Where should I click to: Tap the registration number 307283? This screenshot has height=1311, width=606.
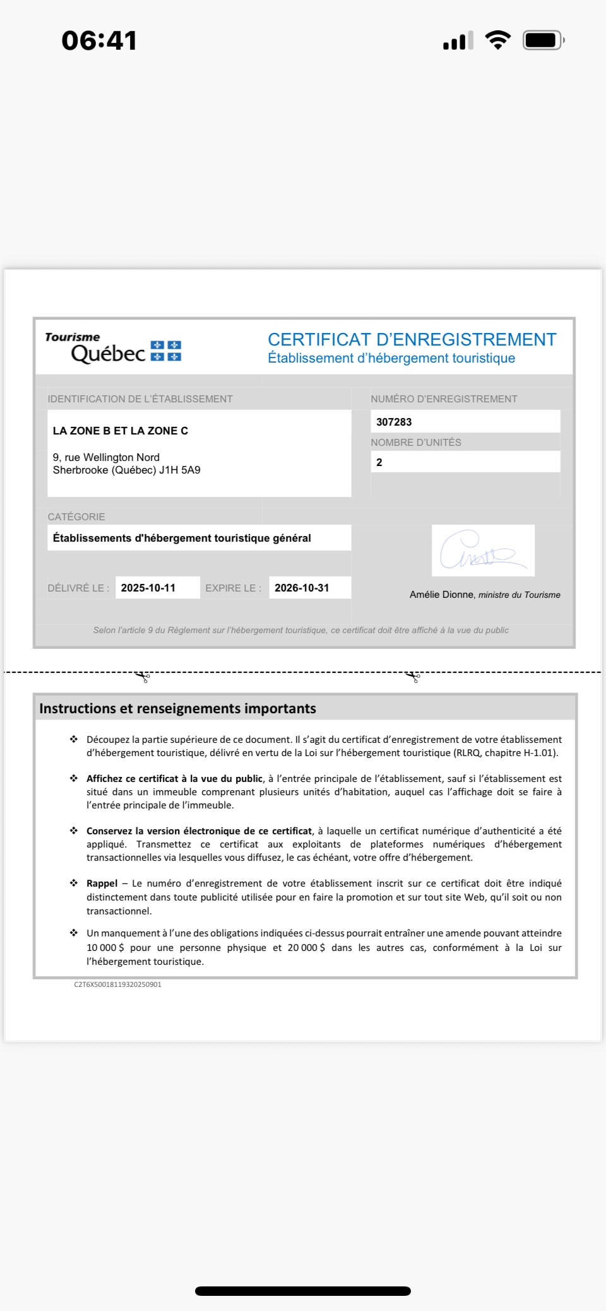(x=394, y=422)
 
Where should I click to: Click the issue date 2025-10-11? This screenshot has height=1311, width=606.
(x=148, y=588)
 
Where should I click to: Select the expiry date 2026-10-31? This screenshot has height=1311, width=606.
(x=302, y=588)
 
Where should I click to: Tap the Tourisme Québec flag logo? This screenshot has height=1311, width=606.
(x=166, y=351)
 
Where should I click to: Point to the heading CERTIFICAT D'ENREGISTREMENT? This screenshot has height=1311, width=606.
(x=412, y=340)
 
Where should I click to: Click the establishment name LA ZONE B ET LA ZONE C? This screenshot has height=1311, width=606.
(x=121, y=431)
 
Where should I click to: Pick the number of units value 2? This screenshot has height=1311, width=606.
(x=379, y=462)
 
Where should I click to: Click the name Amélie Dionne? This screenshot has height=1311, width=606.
(x=441, y=595)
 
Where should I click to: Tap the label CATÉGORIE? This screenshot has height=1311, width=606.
(x=76, y=516)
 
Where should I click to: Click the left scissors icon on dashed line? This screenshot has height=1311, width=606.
(x=143, y=677)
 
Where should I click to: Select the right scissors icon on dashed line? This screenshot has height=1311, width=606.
(x=413, y=677)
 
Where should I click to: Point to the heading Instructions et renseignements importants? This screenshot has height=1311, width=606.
(x=177, y=708)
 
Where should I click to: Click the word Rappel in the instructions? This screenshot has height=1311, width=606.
(x=102, y=883)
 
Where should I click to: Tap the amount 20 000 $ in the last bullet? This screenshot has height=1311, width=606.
(x=306, y=947)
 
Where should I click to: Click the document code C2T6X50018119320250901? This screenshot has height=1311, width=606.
(x=118, y=984)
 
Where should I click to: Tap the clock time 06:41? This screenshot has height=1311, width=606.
(x=99, y=41)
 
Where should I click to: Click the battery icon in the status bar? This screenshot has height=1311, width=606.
(x=542, y=41)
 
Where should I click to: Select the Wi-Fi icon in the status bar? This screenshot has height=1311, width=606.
(x=498, y=40)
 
